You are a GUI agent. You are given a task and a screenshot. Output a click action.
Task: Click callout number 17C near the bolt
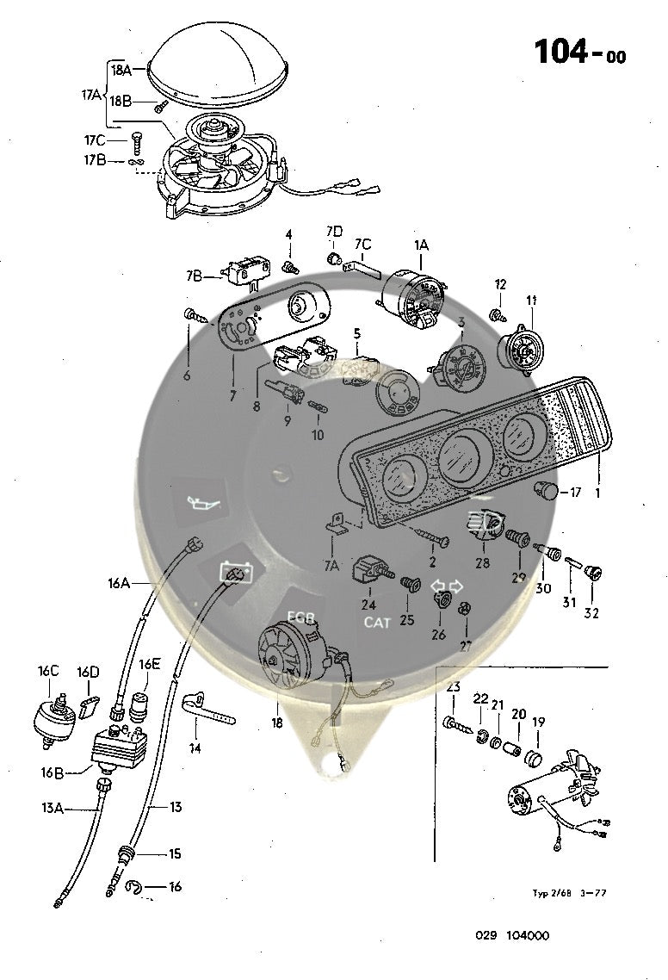pos(95,140)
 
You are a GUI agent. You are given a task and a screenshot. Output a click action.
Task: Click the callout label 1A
pos(421,245)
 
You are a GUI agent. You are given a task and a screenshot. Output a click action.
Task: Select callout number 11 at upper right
pos(531,300)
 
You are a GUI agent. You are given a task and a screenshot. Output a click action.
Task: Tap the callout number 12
pos(501,284)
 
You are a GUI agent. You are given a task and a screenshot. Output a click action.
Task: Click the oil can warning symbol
pos(200,500)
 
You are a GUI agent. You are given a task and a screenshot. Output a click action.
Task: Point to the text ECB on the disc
pos(302,617)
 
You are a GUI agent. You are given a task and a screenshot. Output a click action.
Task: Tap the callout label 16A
pos(119,583)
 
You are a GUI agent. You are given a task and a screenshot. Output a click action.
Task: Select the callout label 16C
pos(48,672)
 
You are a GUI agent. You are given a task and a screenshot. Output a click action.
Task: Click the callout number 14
pos(195,748)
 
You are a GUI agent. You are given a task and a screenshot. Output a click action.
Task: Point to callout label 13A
pos(53,807)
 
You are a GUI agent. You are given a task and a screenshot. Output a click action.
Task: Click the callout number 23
pos(454,686)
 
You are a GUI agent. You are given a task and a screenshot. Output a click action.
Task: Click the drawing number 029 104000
pos(511,936)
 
